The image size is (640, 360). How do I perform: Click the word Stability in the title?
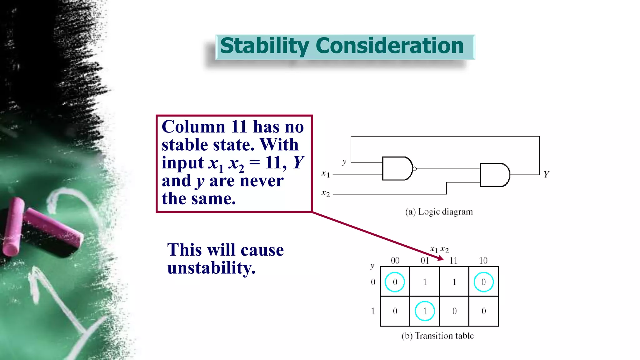click(x=264, y=46)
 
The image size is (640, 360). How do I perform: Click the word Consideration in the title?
click(x=389, y=46)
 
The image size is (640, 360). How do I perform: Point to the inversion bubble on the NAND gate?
click(x=414, y=169)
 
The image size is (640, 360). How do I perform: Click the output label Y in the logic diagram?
click(x=546, y=174)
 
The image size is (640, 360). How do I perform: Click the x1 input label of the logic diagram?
click(x=325, y=174)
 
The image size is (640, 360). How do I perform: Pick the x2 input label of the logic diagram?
click(x=325, y=193)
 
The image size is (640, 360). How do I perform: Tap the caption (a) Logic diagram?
click(x=439, y=212)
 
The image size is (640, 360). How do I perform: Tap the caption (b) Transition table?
click(x=437, y=336)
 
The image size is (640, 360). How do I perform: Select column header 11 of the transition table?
click(x=453, y=261)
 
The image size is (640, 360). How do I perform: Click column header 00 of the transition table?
click(x=395, y=261)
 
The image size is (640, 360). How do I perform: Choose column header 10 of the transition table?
click(x=483, y=261)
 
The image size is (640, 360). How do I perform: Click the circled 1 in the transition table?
click(x=425, y=311)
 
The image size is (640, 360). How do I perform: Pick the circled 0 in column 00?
click(x=395, y=282)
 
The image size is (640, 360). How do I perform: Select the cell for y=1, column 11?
click(x=454, y=311)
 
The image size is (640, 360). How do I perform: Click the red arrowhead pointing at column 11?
click(x=441, y=258)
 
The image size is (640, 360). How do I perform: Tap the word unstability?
click(x=211, y=268)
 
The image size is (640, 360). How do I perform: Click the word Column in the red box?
click(x=193, y=127)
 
